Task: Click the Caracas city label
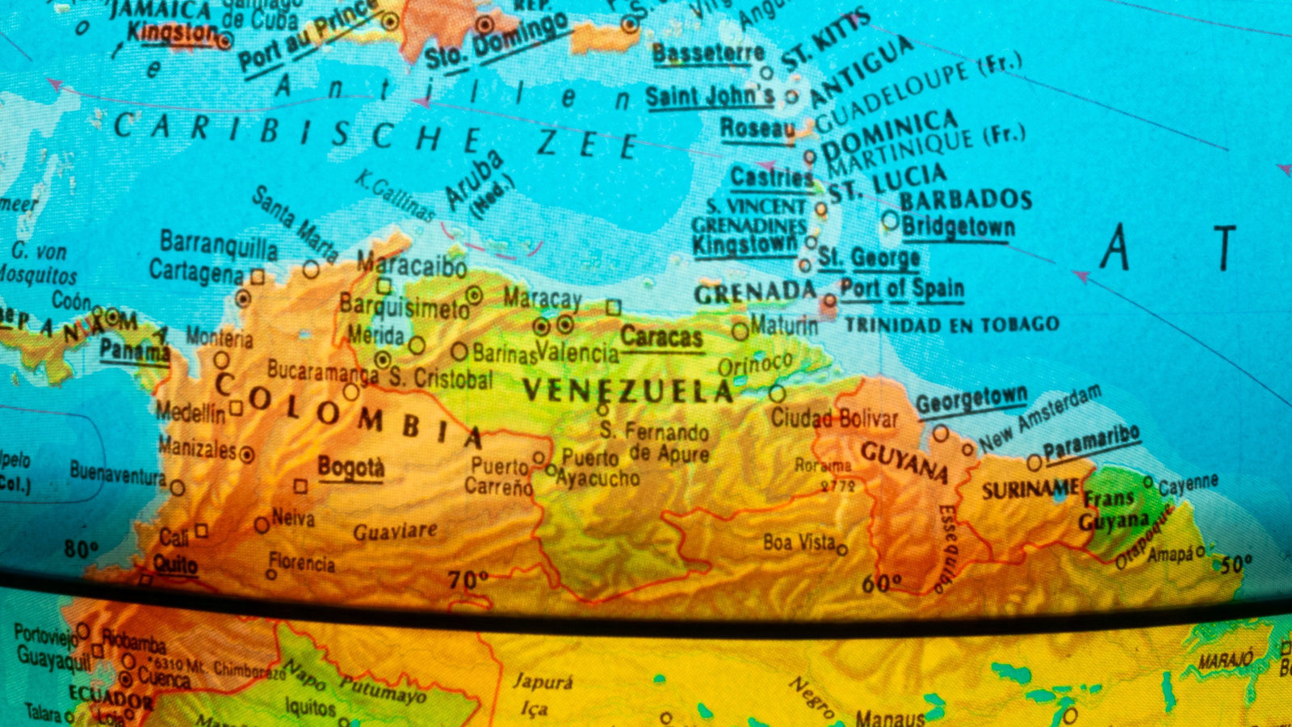(661, 337)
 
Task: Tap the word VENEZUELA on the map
(627, 391)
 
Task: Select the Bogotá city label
(350, 468)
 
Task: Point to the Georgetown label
(971, 400)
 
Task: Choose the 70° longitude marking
(468, 579)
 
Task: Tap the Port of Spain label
(902, 288)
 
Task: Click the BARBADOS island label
(966, 200)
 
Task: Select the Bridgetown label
(958, 227)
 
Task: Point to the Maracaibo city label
(412, 264)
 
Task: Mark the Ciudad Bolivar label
(833, 418)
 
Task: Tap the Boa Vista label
(799, 542)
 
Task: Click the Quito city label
(175, 564)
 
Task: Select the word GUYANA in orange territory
(904, 462)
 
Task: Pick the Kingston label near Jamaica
(172, 33)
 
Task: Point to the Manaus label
(890, 717)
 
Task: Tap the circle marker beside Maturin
(740, 330)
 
